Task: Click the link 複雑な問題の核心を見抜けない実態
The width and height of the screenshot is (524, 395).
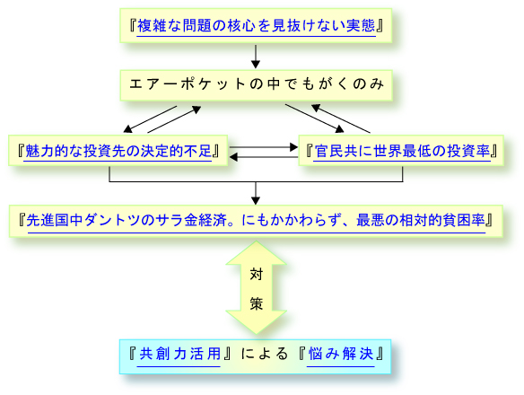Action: click(257, 26)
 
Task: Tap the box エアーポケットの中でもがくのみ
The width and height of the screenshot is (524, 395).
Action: click(257, 85)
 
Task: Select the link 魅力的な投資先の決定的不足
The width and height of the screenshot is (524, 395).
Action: click(118, 151)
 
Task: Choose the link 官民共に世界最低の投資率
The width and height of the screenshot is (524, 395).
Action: click(402, 151)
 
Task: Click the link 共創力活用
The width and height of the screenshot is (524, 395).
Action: click(179, 354)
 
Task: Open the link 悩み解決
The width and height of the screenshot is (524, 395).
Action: click(341, 354)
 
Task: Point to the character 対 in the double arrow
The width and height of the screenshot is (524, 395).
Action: click(257, 275)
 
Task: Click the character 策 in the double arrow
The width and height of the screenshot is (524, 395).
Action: click(257, 303)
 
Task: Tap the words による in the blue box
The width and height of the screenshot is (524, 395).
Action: click(264, 354)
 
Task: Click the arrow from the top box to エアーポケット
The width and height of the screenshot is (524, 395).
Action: click(256, 57)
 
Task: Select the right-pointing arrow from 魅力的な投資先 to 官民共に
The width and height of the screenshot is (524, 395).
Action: click(264, 147)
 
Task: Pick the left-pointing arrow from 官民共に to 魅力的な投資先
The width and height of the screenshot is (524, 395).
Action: click(264, 157)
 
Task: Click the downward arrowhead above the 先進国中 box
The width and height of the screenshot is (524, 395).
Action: click(256, 201)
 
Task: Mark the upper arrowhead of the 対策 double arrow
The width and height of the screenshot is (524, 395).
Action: click(257, 253)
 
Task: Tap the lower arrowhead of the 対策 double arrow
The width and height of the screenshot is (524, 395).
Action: click(257, 321)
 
